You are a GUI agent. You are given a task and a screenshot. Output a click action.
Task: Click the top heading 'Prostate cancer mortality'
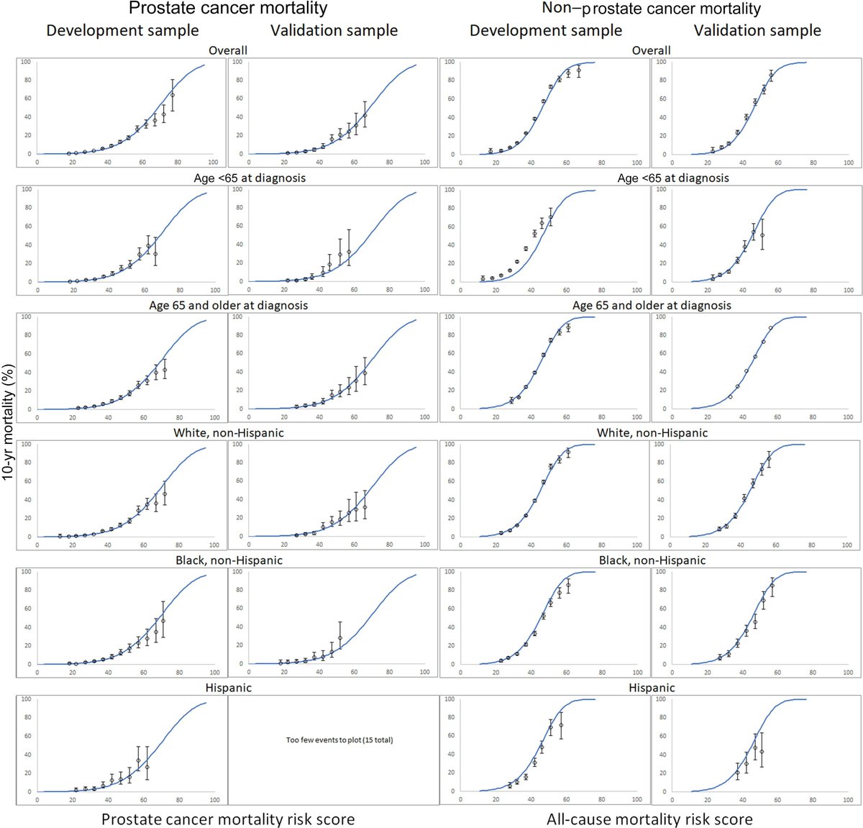pyautogui.click(x=228, y=9)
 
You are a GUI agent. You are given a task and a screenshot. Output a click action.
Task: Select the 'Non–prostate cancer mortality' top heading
pyautogui.click(x=652, y=9)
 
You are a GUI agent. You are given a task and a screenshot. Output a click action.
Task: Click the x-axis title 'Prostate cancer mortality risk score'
pyautogui.click(x=228, y=819)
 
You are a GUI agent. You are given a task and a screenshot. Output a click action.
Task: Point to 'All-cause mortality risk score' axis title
pyautogui.click(x=649, y=819)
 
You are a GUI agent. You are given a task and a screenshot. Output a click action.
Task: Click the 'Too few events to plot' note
pyautogui.click(x=339, y=740)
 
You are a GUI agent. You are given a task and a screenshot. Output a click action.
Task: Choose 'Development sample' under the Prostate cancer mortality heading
pyautogui.click(x=122, y=31)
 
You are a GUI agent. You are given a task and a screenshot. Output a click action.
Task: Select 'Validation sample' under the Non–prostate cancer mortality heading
pyautogui.click(x=757, y=31)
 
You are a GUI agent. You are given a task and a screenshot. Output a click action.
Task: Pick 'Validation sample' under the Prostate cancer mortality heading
pyautogui.click(x=334, y=31)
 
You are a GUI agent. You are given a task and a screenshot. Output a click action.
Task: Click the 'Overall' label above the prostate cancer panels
pyautogui.click(x=228, y=50)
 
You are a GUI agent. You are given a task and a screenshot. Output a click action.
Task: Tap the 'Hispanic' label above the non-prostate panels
pyautogui.click(x=652, y=688)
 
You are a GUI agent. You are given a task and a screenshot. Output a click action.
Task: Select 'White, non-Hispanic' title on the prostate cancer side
pyautogui.click(x=229, y=433)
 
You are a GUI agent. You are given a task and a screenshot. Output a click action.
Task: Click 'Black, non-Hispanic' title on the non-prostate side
pyautogui.click(x=652, y=560)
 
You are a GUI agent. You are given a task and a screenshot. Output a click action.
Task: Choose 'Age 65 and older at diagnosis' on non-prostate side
pyautogui.click(x=652, y=305)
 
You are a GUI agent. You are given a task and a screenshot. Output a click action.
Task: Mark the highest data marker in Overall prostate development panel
pyautogui.click(x=172, y=95)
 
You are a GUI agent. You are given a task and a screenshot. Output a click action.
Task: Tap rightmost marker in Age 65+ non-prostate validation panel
pyautogui.click(x=770, y=328)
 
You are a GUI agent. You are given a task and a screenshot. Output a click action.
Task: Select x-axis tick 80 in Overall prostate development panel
pyautogui.click(x=178, y=163)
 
